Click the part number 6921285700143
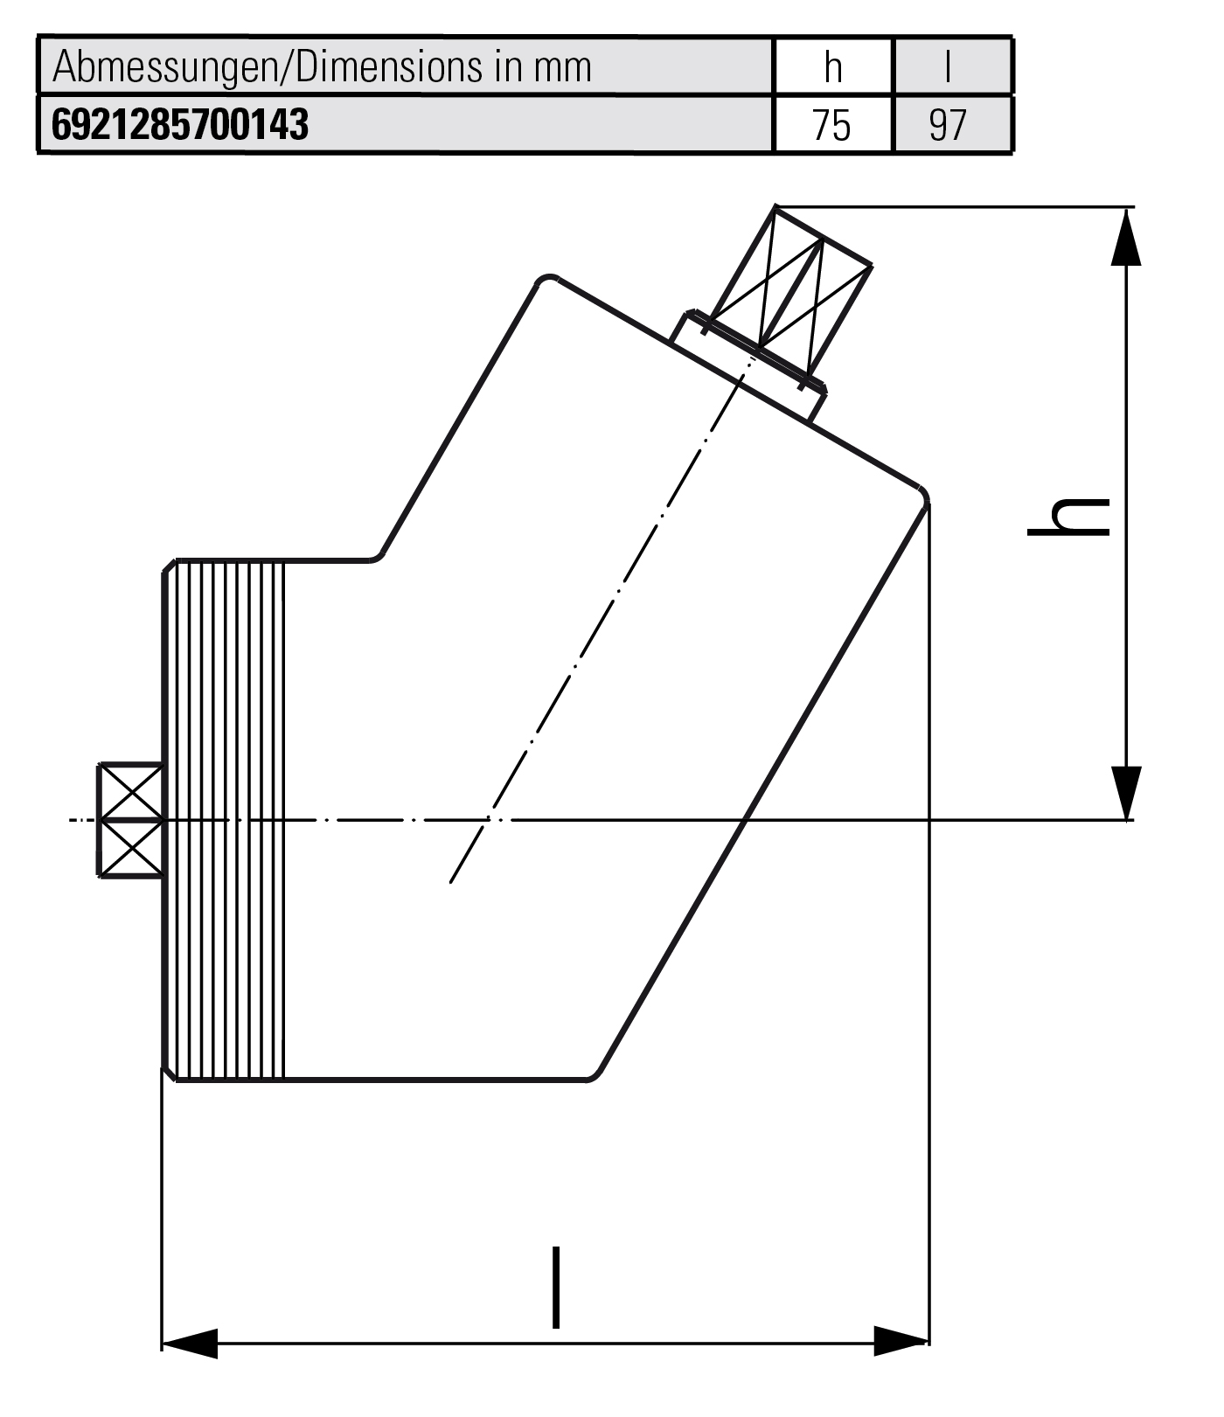coord(180,125)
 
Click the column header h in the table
coord(832,67)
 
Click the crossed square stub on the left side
coord(130,819)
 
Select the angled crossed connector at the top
coord(792,288)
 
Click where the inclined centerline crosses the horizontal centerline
coord(490,819)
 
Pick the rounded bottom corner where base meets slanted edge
coord(595,1073)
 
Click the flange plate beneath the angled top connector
coord(748,367)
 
